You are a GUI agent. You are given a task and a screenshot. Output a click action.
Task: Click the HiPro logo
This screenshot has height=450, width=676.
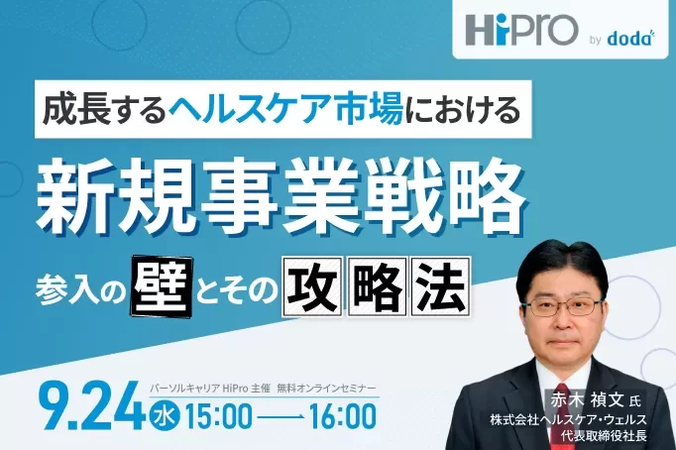point(521,30)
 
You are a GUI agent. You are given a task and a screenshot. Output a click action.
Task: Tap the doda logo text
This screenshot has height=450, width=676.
point(630,39)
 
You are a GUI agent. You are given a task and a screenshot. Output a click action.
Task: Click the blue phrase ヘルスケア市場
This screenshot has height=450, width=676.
point(285,109)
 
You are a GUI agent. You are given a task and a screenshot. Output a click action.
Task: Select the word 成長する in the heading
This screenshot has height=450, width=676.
point(104,109)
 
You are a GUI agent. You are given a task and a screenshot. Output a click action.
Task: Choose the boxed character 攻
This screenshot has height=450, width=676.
point(312,286)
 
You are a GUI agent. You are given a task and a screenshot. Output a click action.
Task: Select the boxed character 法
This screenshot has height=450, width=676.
point(440,286)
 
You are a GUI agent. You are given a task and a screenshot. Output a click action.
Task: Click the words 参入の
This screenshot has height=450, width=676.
point(81,288)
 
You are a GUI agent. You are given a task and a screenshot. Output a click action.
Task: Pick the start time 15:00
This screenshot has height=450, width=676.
point(218,417)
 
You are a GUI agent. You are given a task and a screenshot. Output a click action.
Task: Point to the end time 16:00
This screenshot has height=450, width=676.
point(342,417)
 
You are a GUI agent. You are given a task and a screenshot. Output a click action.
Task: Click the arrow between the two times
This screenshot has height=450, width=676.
point(281,417)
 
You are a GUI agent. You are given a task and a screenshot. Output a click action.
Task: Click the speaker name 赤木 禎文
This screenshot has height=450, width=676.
point(587,400)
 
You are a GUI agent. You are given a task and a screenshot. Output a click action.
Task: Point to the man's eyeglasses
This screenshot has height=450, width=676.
point(566,307)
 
